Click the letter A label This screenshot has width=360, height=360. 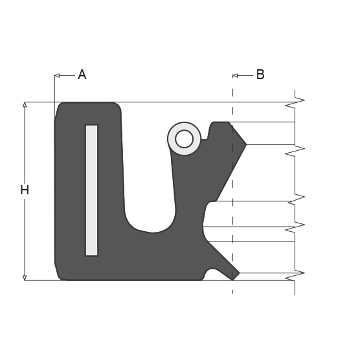point(82,74)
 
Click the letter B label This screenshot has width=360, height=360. point(260,74)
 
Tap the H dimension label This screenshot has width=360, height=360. point(25,190)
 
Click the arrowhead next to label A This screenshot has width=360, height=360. point(57,75)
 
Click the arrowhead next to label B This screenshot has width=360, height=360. point(235,76)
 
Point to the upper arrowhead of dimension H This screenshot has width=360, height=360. point(25,105)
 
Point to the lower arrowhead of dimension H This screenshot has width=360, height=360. point(25,278)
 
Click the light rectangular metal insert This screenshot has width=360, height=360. point(91,190)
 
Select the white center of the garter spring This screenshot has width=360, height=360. point(184,139)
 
